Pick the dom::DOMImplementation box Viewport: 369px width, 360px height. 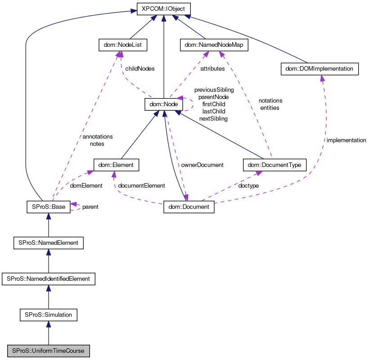pos(319,69)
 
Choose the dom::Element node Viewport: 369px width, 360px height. pos(116,165)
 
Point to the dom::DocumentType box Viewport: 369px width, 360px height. pos(274,165)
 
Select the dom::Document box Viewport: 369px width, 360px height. pos(189,207)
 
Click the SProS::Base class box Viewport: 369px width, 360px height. pos(48,207)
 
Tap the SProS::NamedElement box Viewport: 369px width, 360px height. pos(48,243)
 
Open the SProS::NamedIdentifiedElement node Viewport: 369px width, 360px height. pos(48,279)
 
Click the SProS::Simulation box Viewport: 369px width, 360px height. pos(48,315)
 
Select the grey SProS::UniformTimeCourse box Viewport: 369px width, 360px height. pos(48,351)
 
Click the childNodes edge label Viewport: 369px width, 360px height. pos(140,69)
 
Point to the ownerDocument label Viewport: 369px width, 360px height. pos(202,165)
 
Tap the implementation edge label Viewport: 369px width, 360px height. pos(346,140)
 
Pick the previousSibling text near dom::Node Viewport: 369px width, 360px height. pos(214,90)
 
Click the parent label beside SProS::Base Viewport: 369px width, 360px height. pos(90,207)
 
